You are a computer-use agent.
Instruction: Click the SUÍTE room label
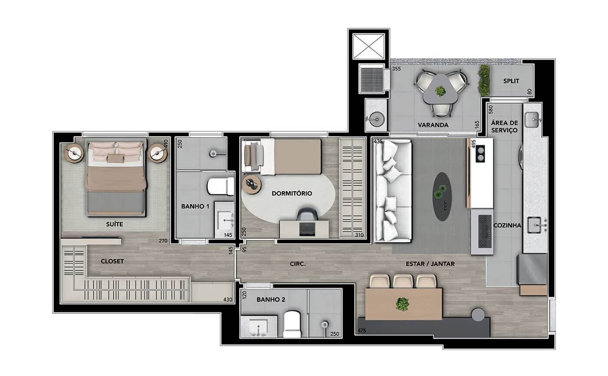coord(114,224)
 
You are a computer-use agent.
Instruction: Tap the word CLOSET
coord(112,261)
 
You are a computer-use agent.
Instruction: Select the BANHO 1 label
coord(195,206)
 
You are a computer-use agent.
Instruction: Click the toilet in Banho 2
coord(292,325)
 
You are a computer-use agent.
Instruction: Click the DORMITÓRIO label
coord(292,193)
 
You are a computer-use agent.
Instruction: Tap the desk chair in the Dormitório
coord(307,214)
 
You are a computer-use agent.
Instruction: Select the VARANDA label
coord(433,125)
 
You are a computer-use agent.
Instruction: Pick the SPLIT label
coord(511,81)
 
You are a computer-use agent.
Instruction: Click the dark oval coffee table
coord(442,196)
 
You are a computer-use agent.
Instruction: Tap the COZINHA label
coord(507,226)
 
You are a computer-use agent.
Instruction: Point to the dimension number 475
coord(362,331)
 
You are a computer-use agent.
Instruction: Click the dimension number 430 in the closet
coord(228,299)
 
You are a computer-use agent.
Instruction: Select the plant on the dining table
coord(402,304)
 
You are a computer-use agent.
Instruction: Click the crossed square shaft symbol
coord(368,47)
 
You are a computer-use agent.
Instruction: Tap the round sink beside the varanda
coord(377,119)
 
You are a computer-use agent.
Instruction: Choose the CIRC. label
coord(298,264)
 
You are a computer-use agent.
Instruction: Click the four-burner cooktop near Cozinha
coord(485,231)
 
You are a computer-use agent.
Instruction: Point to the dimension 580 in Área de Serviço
coord(490,110)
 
